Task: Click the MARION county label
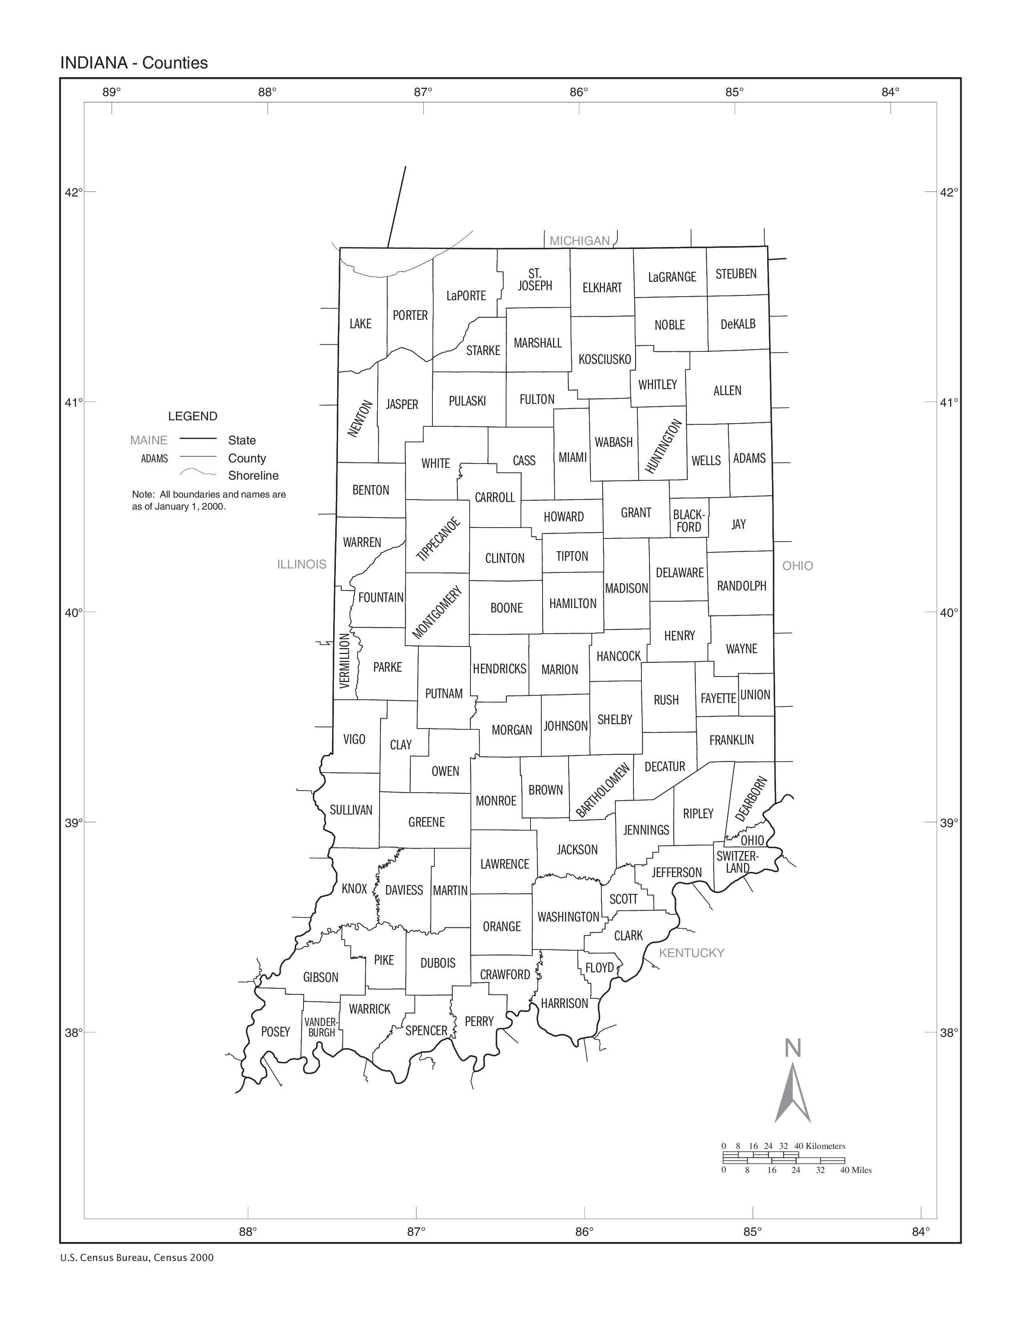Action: [559, 670]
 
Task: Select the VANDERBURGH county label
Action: [321, 1028]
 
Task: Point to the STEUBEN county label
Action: [736, 273]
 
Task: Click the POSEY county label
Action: [276, 1032]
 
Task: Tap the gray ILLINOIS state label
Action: [302, 564]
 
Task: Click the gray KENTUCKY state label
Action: [691, 953]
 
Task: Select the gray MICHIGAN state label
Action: [579, 241]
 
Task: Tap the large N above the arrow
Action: [793, 1048]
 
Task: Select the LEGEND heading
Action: [192, 416]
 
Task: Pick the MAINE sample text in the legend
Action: [149, 440]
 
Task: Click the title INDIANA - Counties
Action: [134, 63]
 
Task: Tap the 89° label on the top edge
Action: [111, 92]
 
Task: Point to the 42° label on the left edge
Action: [74, 192]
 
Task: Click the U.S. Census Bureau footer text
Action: [137, 1257]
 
